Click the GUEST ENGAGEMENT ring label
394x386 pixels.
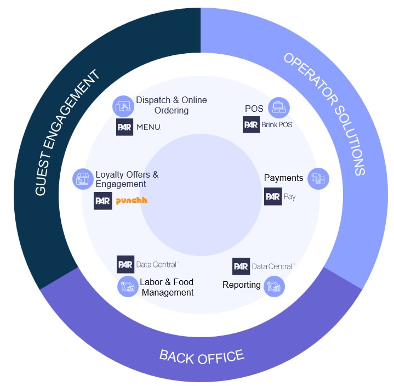pyautogui.click(x=67, y=133)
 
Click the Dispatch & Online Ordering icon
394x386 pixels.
pyautogui.click(x=123, y=106)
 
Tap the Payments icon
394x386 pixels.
pyautogui.click(x=318, y=179)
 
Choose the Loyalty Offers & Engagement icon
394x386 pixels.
pyautogui.click(x=83, y=179)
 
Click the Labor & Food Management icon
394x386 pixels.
pyautogui.click(x=128, y=286)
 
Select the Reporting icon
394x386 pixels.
pyautogui.click(x=274, y=286)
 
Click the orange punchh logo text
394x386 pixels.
pyautogui.click(x=132, y=201)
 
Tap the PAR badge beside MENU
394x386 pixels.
pyautogui.click(x=125, y=127)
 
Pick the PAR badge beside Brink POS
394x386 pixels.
pyautogui.click(x=251, y=124)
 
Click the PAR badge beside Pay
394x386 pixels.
pyautogui.click(x=273, y=196)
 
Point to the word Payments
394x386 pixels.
pyautogui.click(x=283, y=178)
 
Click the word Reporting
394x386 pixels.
pyautogui.click(x=241, y=285)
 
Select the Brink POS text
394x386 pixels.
pyautogui.click(x=277, y=124)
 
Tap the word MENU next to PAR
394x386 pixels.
pyautogui.click(x=148, y=127)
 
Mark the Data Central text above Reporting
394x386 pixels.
pyautogui.click(x=272, y=266)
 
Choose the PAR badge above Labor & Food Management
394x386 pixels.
pyautogui.click(x=125, y=264)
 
